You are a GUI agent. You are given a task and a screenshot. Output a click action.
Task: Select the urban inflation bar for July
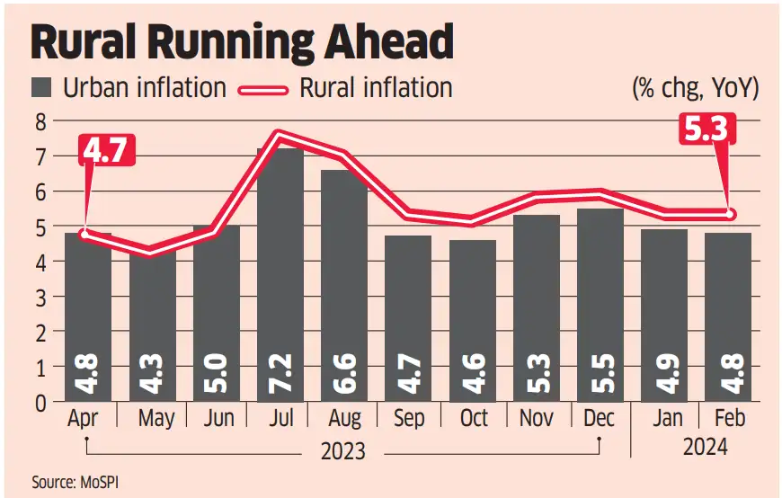tap(279, 270)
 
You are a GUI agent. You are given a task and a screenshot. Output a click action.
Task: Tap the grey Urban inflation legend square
tap(42, 88)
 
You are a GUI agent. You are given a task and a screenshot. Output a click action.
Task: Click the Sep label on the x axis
tap(409, 419)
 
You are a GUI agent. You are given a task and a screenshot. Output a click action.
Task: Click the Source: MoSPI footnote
tap(76, 483)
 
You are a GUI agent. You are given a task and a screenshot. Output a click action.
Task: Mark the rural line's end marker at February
tap(729, 214)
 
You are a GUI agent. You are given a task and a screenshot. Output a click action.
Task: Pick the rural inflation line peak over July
tap(280, 136)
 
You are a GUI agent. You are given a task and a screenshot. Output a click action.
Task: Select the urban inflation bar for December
tap(600, 306)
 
